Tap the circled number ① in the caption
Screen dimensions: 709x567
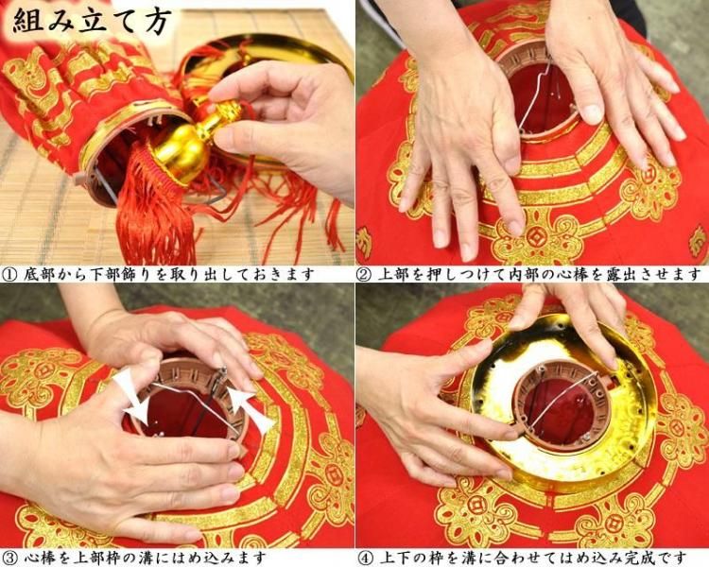point(9,274)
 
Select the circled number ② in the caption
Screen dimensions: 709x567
point(365,274)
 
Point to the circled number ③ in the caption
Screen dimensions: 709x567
point(9,557)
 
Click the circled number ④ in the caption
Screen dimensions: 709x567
point(365,557)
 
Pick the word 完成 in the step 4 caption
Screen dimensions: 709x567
point(639,557)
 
